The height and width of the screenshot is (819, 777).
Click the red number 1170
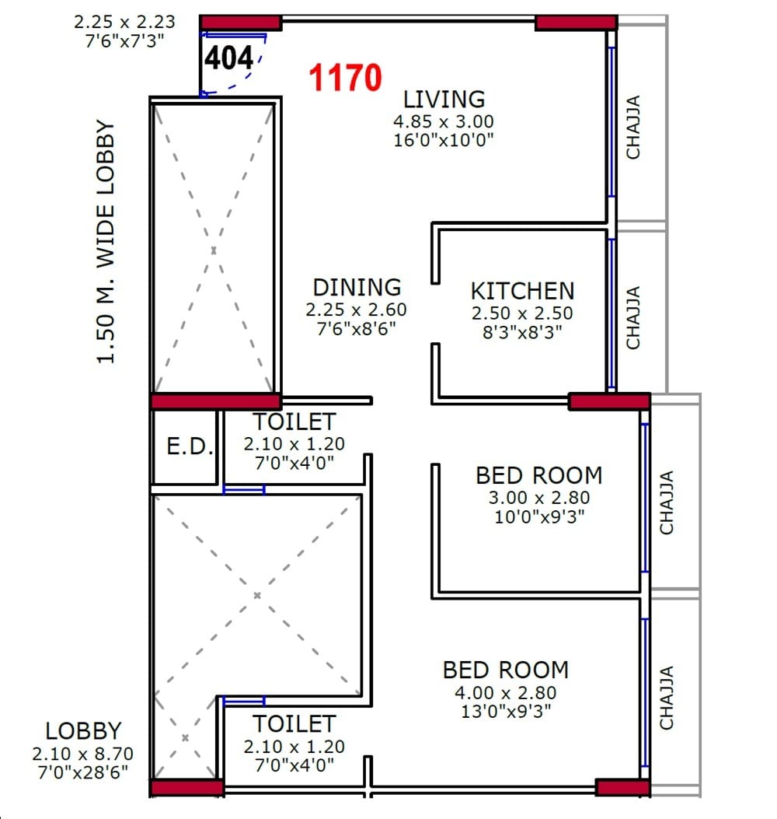point(345,78)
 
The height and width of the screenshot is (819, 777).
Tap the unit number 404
point(229,58)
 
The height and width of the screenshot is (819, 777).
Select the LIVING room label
point(444,100)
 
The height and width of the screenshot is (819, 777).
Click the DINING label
point(357,288)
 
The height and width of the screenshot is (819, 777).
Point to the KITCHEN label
point(522,291)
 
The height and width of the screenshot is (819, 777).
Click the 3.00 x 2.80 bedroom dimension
point(538,498)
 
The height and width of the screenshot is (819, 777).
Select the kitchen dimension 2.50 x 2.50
point(521,313)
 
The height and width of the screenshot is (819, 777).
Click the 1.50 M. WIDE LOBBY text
point(106,242)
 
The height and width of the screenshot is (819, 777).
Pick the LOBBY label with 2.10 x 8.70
point(83,731)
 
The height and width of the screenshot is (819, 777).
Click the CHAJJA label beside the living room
point(634,127)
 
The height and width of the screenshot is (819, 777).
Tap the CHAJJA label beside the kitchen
point(634,318)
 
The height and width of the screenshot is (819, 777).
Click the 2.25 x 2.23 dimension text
point(125,23)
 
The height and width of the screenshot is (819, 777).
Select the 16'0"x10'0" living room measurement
point(444,140)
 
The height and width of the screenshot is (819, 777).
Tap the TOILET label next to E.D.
point(294,422)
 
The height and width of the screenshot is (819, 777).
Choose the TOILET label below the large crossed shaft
point(294,724)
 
